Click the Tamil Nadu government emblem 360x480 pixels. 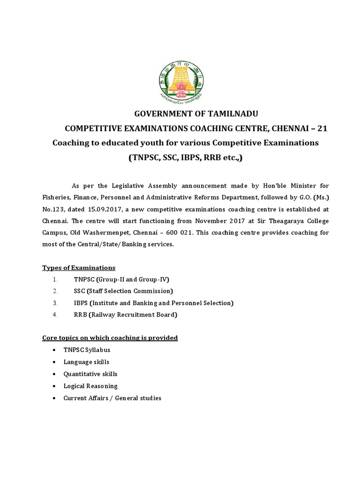pyautogui.click(x=180, y=80)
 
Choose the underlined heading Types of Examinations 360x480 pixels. pyautogui.click(x=79, y=268)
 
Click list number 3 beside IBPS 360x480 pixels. pyautogui.click(x=55, y=303)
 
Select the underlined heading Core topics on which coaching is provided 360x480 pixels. pyautogui.click(x=110, y=337)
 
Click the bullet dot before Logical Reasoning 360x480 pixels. pyautogui.click(x=55, y=386)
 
